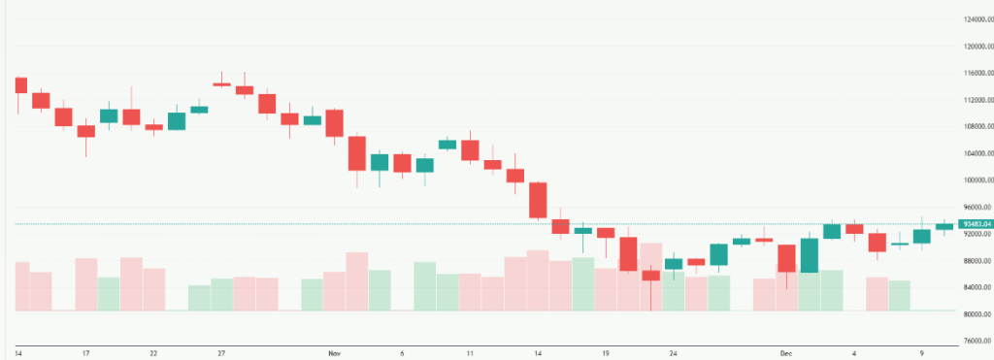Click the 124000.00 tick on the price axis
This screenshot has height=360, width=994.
[975, 19]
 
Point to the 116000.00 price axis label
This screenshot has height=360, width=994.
[975, 73]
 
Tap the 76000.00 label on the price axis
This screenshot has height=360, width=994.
[975, 341]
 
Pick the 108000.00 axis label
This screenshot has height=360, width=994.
[975, 126]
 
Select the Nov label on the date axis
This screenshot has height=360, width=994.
[334, 354]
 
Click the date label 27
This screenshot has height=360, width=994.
[221, 354]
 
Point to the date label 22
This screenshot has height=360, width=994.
[153, 354]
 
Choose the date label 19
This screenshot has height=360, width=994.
[606, 354]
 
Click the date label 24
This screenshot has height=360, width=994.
[673, 354]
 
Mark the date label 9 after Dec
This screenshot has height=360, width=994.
[922, 354]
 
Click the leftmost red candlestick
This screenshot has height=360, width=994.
[20, 85]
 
